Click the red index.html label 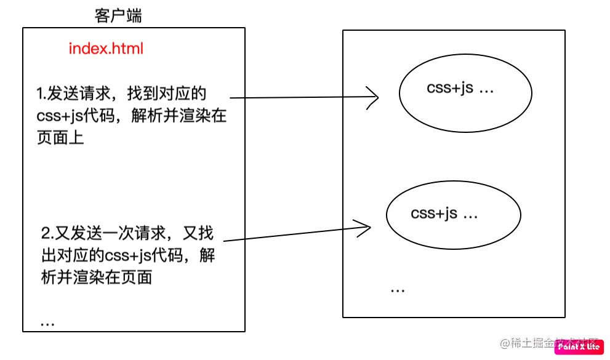click(106, 49)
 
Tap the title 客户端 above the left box click(118, 16)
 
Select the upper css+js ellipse click(465, 94)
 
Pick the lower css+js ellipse click(453, 215)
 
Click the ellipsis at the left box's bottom click(47, 322)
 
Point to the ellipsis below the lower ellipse click(397, 289)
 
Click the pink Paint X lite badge click(579, 347)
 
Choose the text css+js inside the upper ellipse click(450, 88)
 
